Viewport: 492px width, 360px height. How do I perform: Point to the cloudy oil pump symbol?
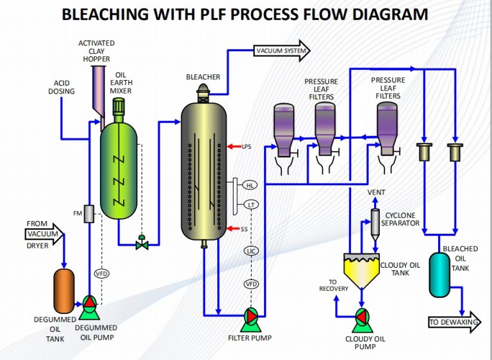(363, 317)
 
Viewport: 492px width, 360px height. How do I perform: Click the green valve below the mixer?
(142, 243)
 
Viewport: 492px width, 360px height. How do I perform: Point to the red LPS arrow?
(233, 147)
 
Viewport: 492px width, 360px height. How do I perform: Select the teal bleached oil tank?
(439, 274)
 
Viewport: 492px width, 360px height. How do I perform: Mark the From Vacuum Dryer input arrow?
(45, 234)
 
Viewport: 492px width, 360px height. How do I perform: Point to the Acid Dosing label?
(64, 87)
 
